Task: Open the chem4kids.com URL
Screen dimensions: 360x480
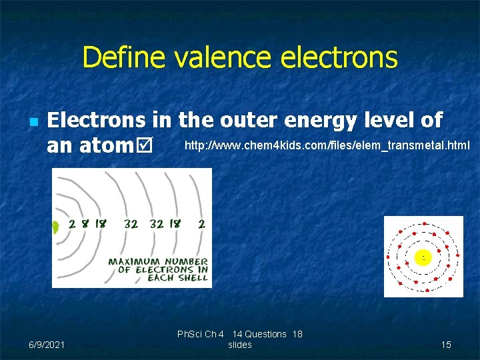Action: [327, 145]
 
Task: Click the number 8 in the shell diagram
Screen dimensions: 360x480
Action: [85, 225]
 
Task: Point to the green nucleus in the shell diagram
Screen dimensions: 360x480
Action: [55, 227]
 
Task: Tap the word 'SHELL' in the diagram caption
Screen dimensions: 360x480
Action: [193, 277]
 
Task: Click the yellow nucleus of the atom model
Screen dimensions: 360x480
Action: [423, 257]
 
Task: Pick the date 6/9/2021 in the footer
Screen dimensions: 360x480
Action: [47, 345]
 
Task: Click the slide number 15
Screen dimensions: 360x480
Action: [446, 345]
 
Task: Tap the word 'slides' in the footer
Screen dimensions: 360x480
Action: [240, 345]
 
